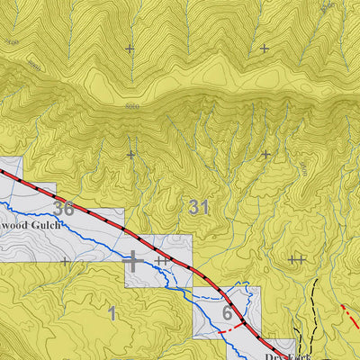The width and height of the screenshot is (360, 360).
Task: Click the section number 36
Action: point(62,209)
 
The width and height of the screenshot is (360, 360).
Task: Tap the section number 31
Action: point(199,207)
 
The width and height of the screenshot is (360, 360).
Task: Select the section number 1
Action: point(112,313)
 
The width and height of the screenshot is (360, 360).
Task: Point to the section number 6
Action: point(227,313)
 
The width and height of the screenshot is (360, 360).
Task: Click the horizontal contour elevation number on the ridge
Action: point(132,105)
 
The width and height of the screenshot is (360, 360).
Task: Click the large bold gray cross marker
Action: point(133,261)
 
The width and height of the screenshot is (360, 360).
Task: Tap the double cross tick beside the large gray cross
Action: point(162,261)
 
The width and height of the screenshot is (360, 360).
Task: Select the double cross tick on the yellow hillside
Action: point(297,259)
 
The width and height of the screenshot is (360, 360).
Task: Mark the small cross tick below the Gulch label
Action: point(66,262)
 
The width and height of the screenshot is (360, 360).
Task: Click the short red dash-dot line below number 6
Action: point(229,330)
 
